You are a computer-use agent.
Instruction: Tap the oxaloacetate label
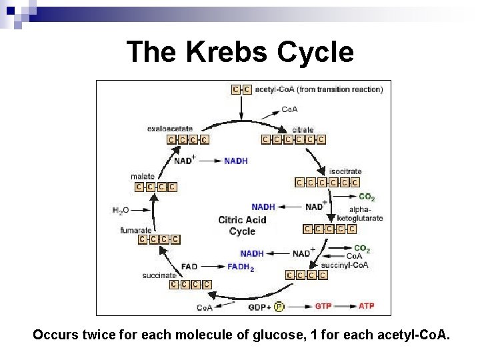170,129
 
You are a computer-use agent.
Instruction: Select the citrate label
285,129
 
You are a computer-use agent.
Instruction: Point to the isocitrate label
345,171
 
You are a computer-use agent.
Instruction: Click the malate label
143,176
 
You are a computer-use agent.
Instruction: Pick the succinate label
159,275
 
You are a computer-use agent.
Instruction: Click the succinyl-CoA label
349,265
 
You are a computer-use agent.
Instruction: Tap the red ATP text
367,307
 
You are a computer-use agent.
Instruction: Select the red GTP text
323,307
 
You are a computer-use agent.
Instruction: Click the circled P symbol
279,307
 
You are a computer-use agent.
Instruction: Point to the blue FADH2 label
241,267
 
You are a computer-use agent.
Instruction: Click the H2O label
120,211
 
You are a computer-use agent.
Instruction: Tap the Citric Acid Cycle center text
242,225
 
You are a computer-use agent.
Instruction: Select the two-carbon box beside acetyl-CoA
241,89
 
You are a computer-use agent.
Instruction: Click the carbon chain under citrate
294,139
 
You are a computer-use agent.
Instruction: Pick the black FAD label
189,267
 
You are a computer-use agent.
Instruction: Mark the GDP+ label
259,307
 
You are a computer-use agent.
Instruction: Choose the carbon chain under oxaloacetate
187,140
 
